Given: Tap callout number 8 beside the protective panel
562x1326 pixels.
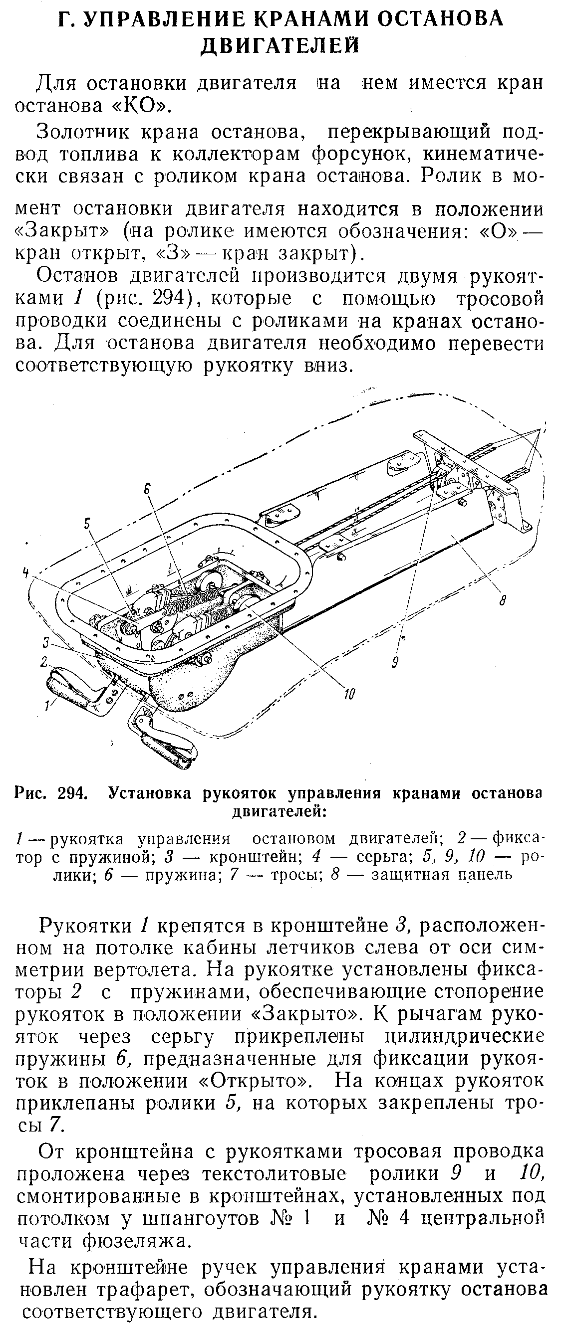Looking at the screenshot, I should click(x=503, y=600).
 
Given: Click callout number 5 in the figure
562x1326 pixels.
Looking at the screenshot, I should click(x=86, y=524).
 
